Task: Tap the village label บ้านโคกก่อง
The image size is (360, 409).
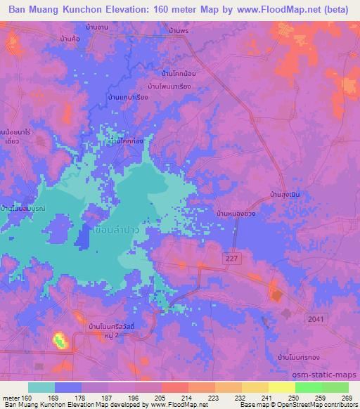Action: [127, 141]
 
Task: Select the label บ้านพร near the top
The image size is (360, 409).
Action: [181, 32]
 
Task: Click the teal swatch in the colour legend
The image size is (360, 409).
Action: [41, 387]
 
